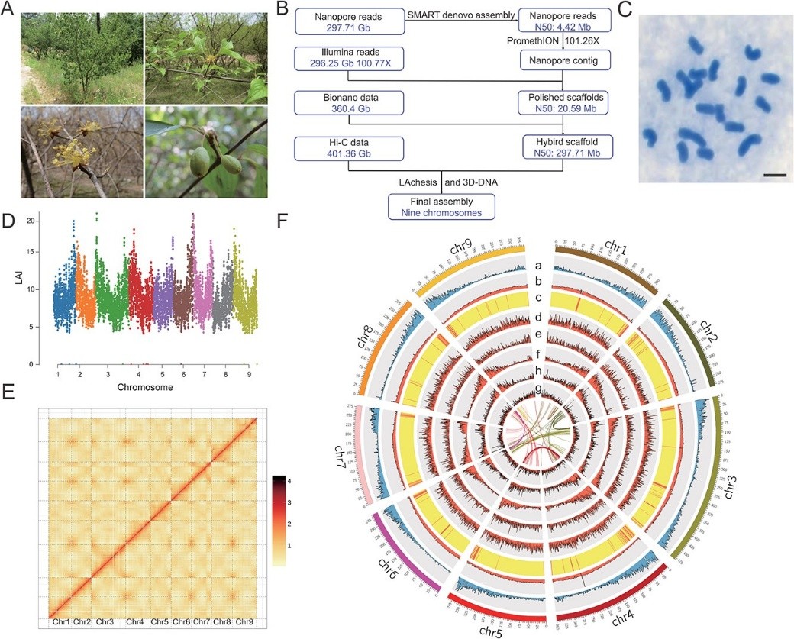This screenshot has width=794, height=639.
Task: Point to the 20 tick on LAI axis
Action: [x=31, y=221]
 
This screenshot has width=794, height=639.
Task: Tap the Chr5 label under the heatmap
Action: [x=160, y=622]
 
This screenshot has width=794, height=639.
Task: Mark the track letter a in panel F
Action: [x=539, y=265]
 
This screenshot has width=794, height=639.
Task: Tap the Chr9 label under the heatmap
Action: [x=244, y=622]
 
